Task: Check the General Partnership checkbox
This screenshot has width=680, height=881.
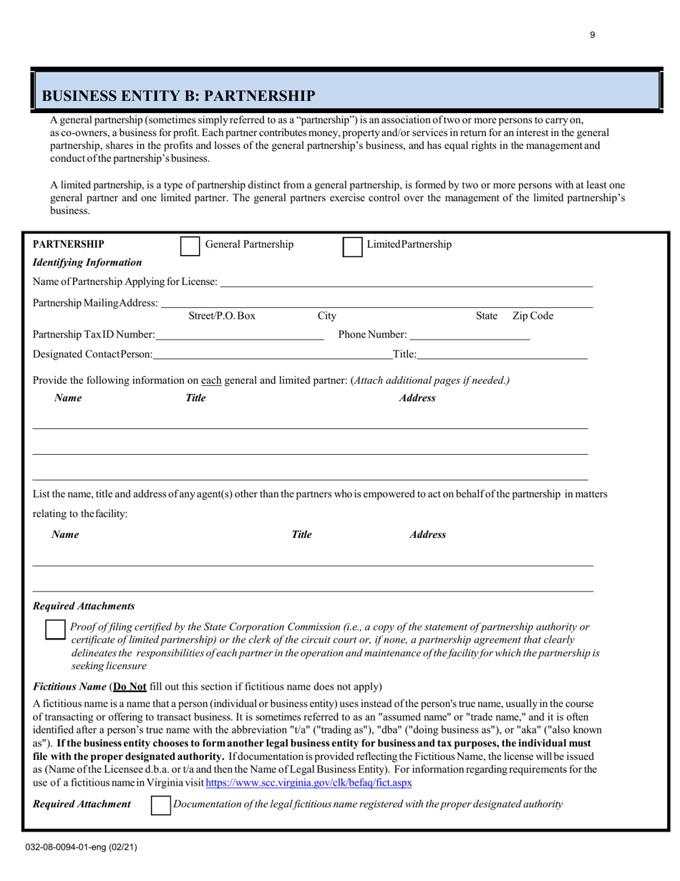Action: point(190,246)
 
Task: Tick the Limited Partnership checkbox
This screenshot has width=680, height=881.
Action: point(353,246)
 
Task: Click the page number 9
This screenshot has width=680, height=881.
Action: point(593,35)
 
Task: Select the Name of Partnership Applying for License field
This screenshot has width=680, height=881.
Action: point(406,282)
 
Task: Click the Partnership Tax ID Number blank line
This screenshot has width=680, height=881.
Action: point(239,335)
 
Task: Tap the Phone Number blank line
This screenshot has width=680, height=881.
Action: point(470,335)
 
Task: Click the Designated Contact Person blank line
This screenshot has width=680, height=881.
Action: point(272,354)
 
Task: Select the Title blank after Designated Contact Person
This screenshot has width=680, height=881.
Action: point(502,354)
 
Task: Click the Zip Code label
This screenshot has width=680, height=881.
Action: point(533,316)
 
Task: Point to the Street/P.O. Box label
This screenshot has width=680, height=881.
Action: point(222,316)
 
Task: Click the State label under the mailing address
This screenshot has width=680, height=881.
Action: point(487,316)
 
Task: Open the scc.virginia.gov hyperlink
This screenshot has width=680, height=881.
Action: point(309,783)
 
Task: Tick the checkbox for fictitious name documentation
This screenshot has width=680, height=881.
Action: point(161,805)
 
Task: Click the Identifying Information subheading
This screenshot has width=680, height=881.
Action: point(87,263)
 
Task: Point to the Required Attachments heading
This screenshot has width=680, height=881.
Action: point(84,606)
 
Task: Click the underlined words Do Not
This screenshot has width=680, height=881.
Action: point(131,686)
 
